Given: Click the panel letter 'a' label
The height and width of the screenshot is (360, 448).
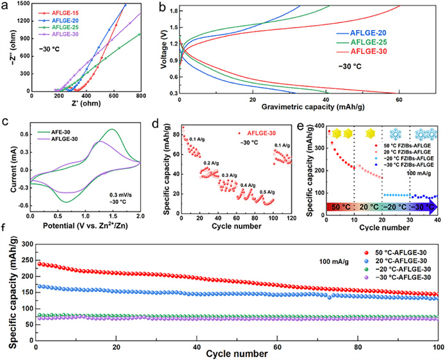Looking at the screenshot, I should [x=5, y=6].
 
